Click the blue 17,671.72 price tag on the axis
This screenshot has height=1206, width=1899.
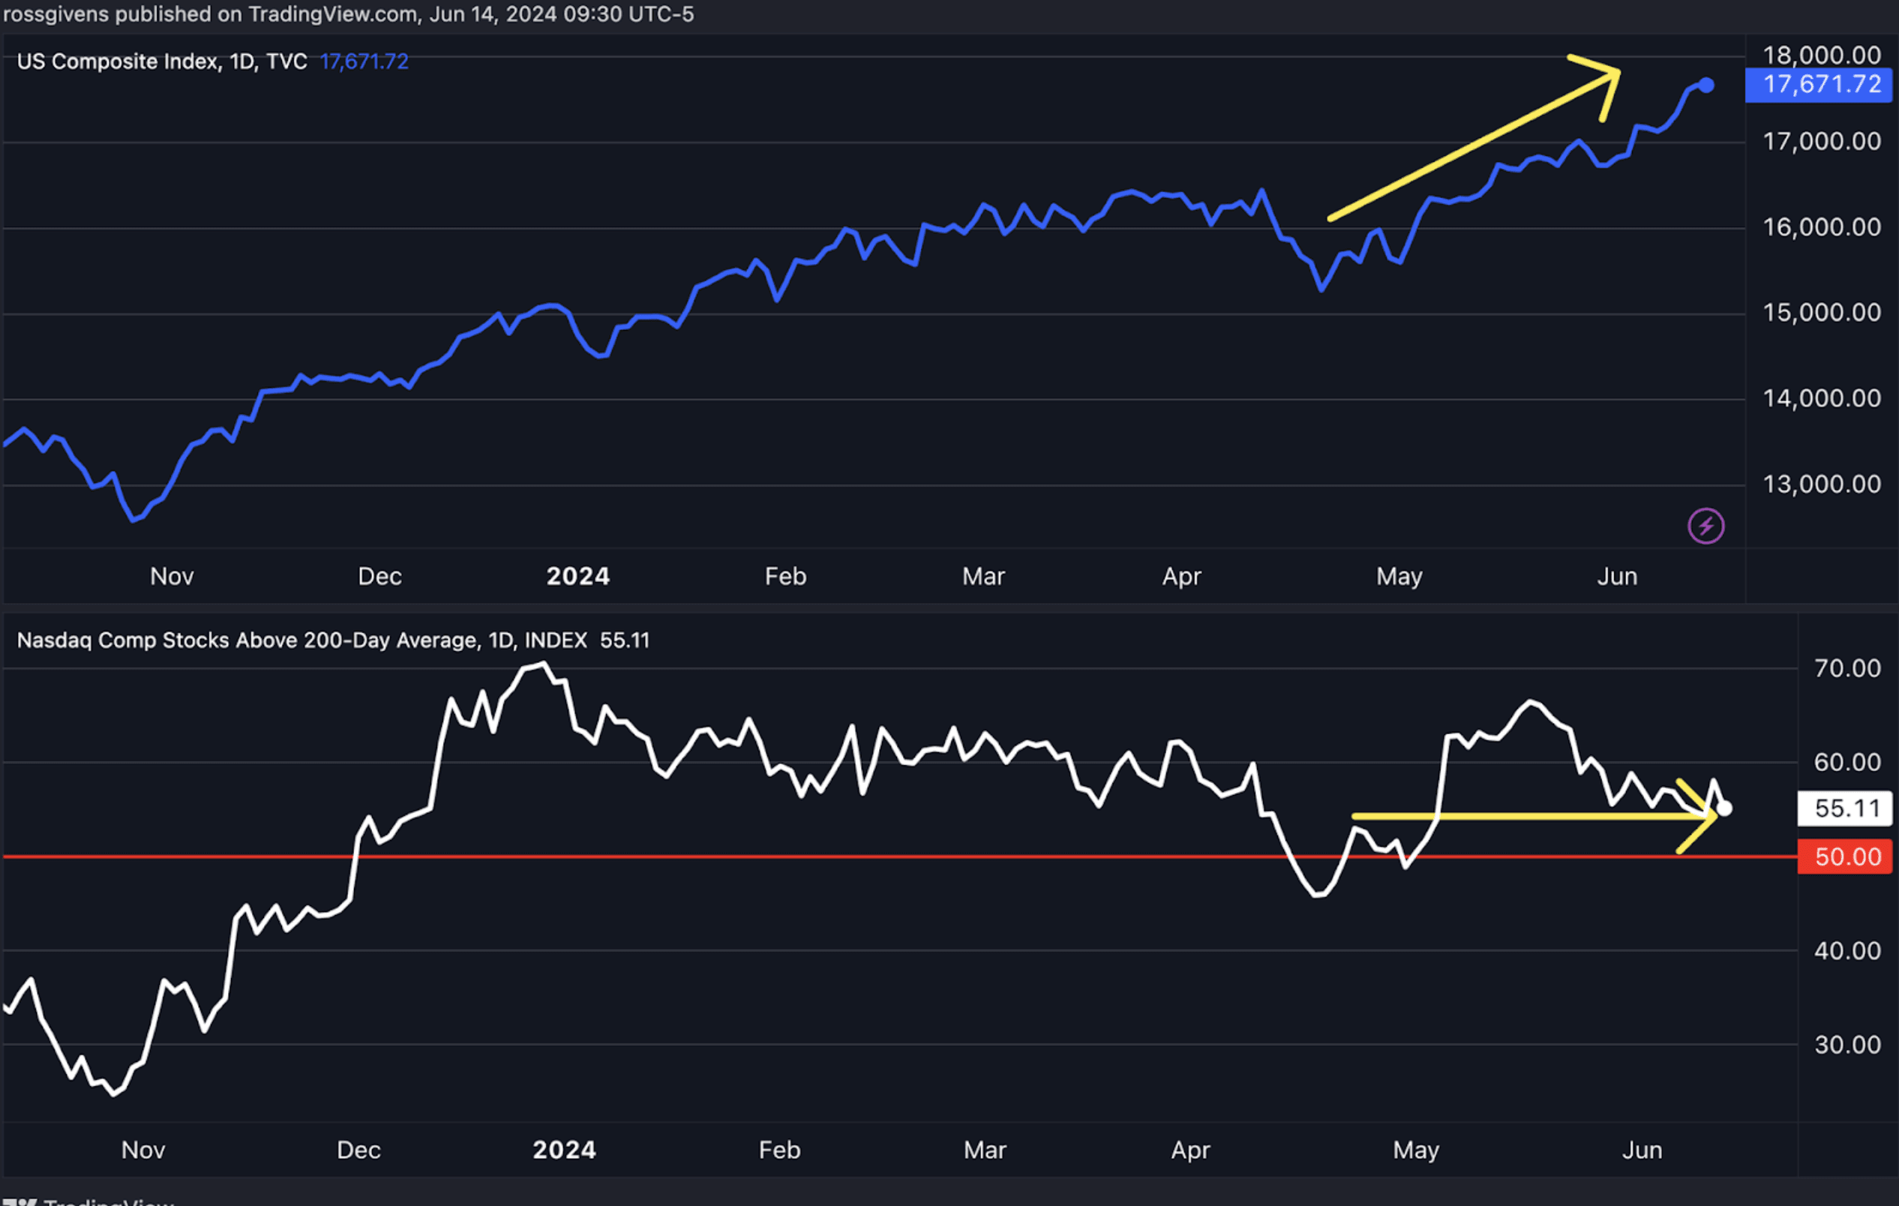[x=1821, y=85]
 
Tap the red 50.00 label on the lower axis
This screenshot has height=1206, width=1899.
[x=1846, y=856]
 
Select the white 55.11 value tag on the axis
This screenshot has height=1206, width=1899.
[x=1846, y=808]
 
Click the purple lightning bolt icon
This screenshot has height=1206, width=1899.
[x=1705, y=526]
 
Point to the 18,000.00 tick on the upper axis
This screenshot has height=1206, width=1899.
[x=1822, y=55]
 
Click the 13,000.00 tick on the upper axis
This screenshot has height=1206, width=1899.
[x=1822, y=484]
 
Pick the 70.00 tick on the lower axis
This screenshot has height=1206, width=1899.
[x=1847, y=669]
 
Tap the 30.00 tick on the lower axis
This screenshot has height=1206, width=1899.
[x=1847, y=1045]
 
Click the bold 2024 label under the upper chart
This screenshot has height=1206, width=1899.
[x=578, y=577]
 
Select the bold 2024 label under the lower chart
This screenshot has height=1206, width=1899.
[x=564, y=1150]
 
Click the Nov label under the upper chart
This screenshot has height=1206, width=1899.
[x=172, y=577]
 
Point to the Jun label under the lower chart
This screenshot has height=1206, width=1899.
[x=1642, y=1150]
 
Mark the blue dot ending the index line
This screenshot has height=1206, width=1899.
[x=1706, y=85]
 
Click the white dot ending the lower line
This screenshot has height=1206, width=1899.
[x=1725, y=808]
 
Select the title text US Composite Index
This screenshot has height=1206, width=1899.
[x=118, y=61]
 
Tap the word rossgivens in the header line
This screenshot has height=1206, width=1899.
[x=56, y=14]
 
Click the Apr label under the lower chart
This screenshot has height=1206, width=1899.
[x=1190, y=1150]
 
